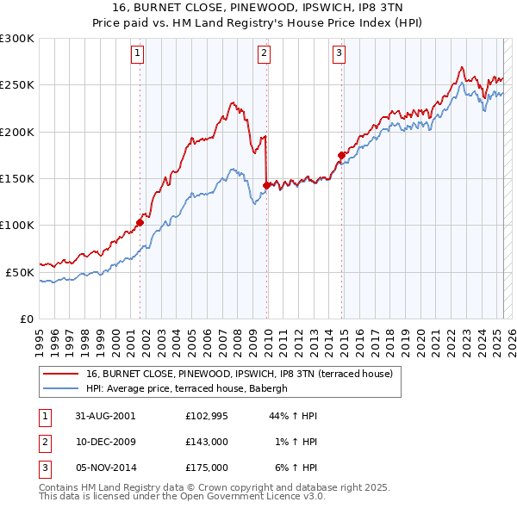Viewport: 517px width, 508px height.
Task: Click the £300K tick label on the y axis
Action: click(17, 39)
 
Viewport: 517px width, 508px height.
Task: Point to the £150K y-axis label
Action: click(17, 179)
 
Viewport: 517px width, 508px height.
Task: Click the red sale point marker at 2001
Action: click(140, 222)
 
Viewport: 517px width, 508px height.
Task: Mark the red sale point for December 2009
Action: click(266, 184)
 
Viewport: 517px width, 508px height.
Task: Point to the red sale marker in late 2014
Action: click(341, 155)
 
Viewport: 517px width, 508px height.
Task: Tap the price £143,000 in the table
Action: click(207, 442)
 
